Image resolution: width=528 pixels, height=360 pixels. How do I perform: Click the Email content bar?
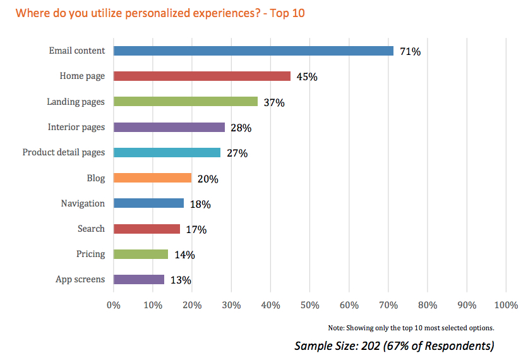pos(253,51)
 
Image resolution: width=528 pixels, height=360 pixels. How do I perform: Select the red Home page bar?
pos(201,76)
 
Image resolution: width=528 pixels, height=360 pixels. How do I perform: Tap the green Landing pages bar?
pos(185,102)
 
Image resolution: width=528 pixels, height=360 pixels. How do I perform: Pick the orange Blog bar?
pos(152,178)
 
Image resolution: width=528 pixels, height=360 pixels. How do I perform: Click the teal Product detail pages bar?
pos(167,153)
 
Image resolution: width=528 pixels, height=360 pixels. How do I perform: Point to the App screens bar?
pos(138,279)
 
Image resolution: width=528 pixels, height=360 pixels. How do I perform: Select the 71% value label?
pos(410,52)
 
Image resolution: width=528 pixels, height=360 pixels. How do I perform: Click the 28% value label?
pos(241,128)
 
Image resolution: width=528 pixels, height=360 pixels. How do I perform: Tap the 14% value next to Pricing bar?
pos(184,255)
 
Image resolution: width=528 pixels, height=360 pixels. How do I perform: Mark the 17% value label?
pos(196,230)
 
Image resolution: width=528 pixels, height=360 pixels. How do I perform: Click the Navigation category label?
pos(83,203)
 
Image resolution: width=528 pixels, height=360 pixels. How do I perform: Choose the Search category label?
pos(91,229)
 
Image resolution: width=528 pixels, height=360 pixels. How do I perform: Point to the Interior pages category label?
pos(76,127)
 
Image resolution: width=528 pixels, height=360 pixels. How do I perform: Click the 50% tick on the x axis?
pos(309,306)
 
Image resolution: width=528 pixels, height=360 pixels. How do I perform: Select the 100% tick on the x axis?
pos(506,306)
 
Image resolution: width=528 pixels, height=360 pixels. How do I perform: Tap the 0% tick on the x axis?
pos(113,306)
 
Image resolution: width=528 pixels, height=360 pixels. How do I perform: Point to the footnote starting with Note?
pos(411,328)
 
